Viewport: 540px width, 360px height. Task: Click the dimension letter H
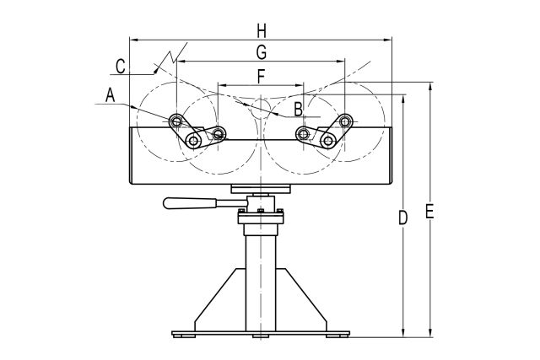click(262, 30)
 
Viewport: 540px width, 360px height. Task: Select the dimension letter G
click(261, 52)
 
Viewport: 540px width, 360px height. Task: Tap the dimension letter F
click(261, 76)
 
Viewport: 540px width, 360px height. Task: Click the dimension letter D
click(402, 218)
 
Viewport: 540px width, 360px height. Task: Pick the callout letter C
click(121, 65)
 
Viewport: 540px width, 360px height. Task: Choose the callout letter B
click(298, 108)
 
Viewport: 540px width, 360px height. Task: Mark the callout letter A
click(111, 96)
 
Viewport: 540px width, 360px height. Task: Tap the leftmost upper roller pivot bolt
click(176, 121)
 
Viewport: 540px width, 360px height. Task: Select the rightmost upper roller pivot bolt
click(345, 121)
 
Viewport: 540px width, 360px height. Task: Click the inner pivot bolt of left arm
click(219, 133)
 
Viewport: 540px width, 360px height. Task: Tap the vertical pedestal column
click(261, 278)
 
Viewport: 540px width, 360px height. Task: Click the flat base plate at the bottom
click(261, 332)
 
